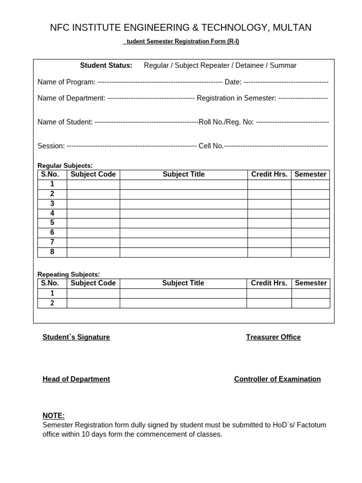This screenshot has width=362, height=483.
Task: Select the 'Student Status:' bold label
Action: [x=106, y=66]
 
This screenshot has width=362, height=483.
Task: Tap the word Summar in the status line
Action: [x=283, y=66]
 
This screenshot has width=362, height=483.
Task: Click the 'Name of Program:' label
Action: [x=66, y=82]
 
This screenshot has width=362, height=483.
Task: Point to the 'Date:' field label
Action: [x=233, y=82]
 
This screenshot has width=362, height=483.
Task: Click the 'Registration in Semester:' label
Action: [x=236, y=98]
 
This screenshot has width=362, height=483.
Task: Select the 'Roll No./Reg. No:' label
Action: [x=226, y=122]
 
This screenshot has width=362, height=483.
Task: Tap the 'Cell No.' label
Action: [x=211, y=146]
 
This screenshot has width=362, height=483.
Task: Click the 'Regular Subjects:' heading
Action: [x=65, y=166]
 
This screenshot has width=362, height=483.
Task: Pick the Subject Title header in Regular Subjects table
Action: [x=183, y=175]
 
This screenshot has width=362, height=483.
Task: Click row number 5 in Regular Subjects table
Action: [x=52, y=223]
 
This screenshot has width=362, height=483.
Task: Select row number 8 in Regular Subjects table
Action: [x=52, y=252]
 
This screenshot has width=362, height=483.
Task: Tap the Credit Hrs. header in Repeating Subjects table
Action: [x=269, y=283]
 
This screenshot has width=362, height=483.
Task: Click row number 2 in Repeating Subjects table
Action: [x=52, y=303]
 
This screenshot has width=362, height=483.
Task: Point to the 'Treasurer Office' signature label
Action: [x=273, y=337]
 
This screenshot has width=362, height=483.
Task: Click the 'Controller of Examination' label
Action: [x=277, y=379]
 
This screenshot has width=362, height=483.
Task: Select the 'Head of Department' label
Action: [x=76, y=379]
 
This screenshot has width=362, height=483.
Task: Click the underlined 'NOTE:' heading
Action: [x=53, y=416]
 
